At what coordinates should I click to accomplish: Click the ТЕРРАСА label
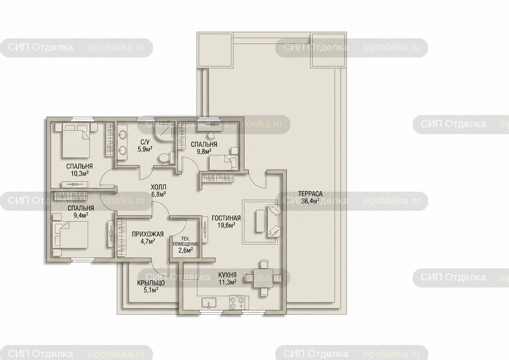(x=310, y=194)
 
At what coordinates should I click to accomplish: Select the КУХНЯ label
(x=227, y=275)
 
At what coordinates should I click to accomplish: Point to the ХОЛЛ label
(x=159, y=187)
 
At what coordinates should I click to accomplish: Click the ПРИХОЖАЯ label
(x=148, y=234)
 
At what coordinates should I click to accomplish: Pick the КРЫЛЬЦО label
(x=151, y=283)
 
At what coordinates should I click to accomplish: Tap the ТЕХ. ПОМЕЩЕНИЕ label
(x=186, y=242)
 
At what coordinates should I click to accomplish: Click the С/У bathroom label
(x=145, y=142)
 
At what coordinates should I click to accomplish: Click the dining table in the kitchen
(x=263, y=278)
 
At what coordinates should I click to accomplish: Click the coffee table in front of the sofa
(x=260, y=221)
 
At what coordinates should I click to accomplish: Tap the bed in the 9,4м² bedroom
(x=71, y=235)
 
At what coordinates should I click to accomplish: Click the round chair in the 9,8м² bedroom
(x=212, y=136)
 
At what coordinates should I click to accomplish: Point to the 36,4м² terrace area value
(x=310, y=201)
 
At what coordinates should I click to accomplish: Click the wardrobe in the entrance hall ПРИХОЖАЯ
(x=122, y=238)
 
